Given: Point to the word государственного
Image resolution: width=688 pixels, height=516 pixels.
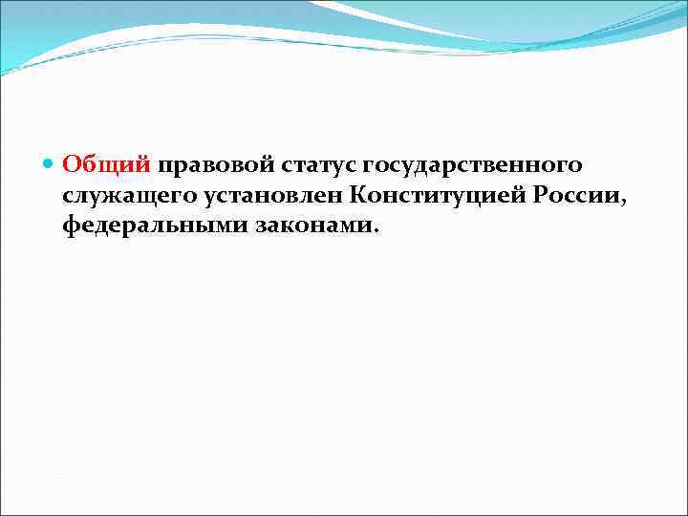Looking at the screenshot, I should click(473, 165).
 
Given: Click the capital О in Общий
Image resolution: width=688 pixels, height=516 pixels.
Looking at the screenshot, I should click(72, 165).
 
